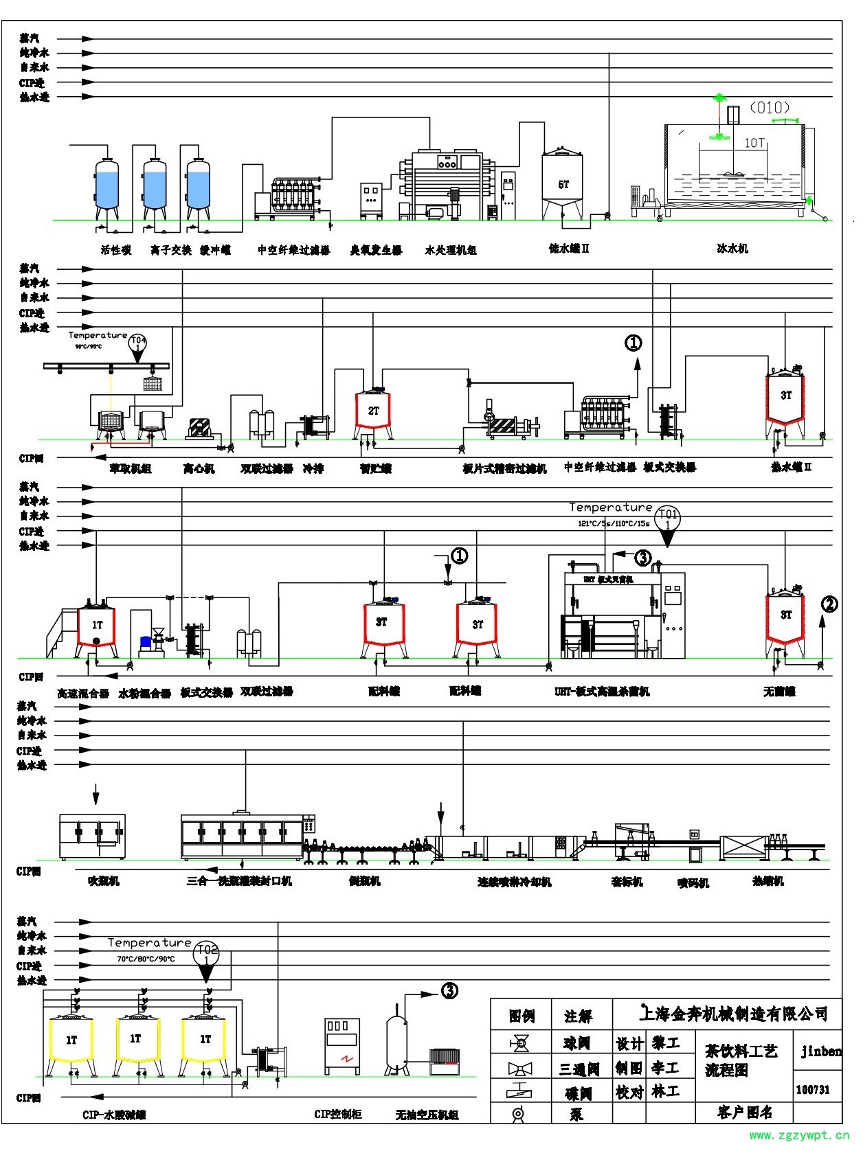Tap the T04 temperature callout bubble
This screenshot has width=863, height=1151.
(x=138, y=343)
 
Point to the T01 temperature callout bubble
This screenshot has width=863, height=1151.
(x=667, y=518)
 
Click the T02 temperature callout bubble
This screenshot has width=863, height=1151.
(x=205, y=953)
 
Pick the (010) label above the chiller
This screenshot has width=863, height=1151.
(x=769, y=108)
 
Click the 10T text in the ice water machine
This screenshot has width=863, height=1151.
(x=754, y=143)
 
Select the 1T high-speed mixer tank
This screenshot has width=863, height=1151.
(x=97, y=625)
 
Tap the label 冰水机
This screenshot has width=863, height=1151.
(x=732, y=249)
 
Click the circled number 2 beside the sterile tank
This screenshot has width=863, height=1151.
(x=829, y=604)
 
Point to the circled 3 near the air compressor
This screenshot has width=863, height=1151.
(x=449, y=991)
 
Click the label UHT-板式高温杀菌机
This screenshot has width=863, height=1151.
(x=601, y=692)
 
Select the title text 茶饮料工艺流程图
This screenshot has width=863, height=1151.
(x=741, y=1060)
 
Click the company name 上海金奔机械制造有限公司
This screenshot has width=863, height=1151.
(x=733, y=1013)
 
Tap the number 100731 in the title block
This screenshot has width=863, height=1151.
(x=813, y=1090)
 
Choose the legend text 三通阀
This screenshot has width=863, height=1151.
(x=579, y=1069)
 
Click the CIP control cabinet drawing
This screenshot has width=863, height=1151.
(x=341, y=1046)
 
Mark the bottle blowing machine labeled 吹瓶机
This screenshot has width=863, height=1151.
(x=92, y=836)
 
